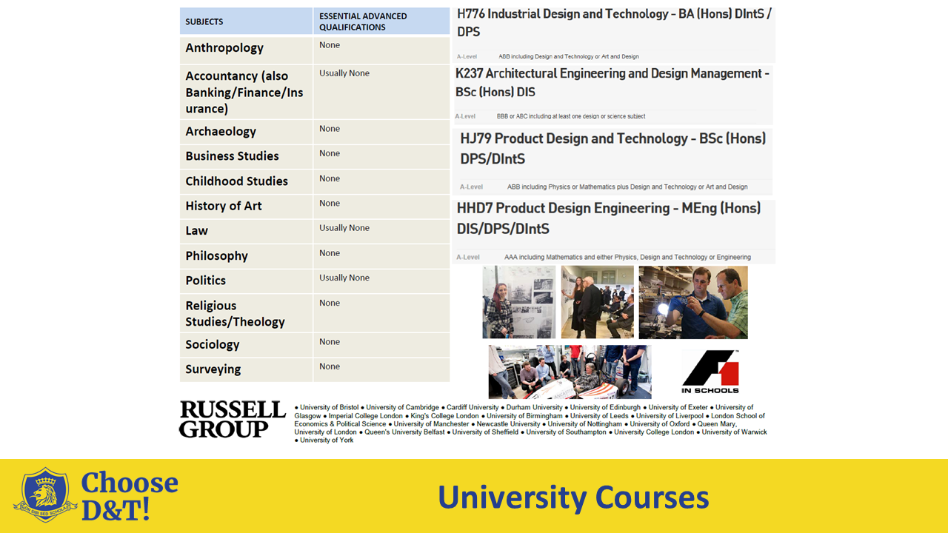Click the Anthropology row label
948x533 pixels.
tap(224, 48)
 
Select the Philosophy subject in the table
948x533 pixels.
tap(216, 256)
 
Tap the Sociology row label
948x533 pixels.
tap(213, 345)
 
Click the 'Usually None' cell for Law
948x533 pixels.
tap(344, 228)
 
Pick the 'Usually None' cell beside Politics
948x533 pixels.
tap(344, 278)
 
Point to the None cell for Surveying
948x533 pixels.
tap(330, 366)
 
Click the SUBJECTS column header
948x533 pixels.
tap(204, 21)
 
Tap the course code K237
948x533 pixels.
tap(469, 73)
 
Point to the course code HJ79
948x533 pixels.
tap(475, 138)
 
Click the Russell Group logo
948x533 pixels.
tap(232, 419)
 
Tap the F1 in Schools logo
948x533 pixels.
tap(710, 372)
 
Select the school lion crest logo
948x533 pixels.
tap(45, 495)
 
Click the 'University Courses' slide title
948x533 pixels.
tap(573, 497)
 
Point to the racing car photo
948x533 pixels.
tap(570, 372)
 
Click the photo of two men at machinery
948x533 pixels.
tap(693, 302)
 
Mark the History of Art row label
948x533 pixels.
tap(224, 207)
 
